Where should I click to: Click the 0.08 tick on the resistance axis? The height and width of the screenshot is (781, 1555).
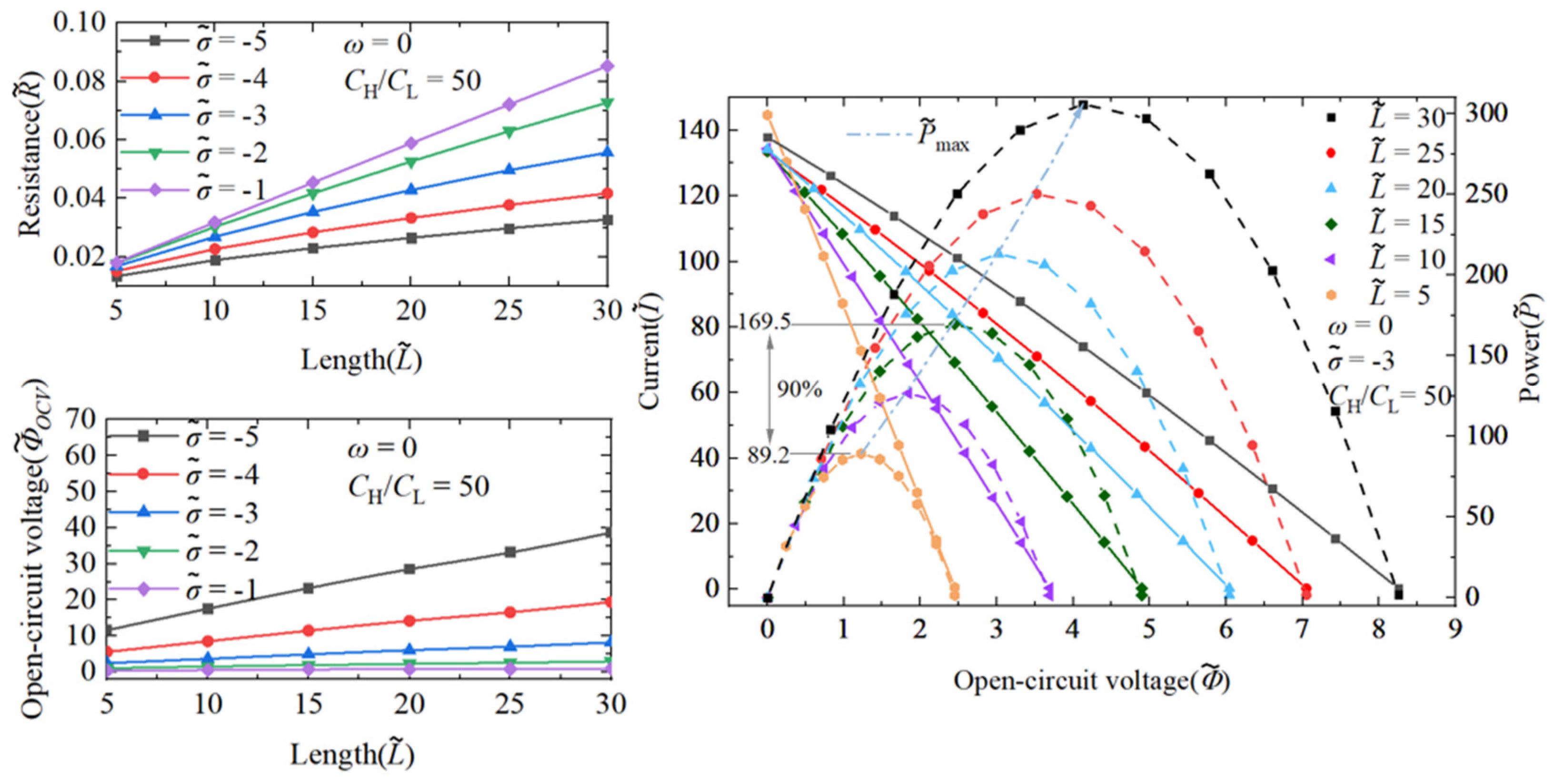tap(79, 82)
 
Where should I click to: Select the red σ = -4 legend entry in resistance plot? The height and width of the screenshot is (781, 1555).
tap(193, 79)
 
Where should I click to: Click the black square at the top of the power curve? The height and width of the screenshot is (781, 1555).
tap(1083, 106)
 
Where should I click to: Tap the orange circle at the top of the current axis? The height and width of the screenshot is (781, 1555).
tap(767, 115)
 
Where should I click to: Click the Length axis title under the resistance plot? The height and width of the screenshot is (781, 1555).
tap(361, 360)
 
